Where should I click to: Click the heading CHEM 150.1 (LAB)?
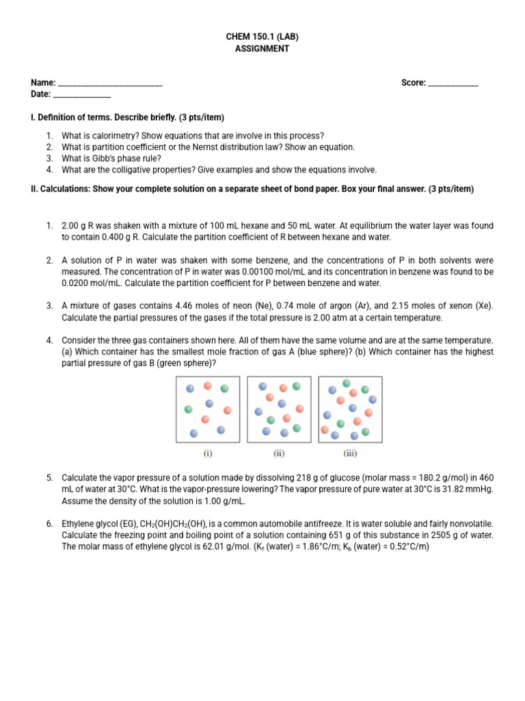tap(262, 37)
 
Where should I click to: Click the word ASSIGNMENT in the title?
tap(262, 49)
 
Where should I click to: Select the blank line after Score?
tap(453, 84)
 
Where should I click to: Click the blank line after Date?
tap(82, 94)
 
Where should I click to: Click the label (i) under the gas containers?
tap(208, 453)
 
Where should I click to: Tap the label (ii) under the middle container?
tap(279, 453)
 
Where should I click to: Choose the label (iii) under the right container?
tap(350, 453)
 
